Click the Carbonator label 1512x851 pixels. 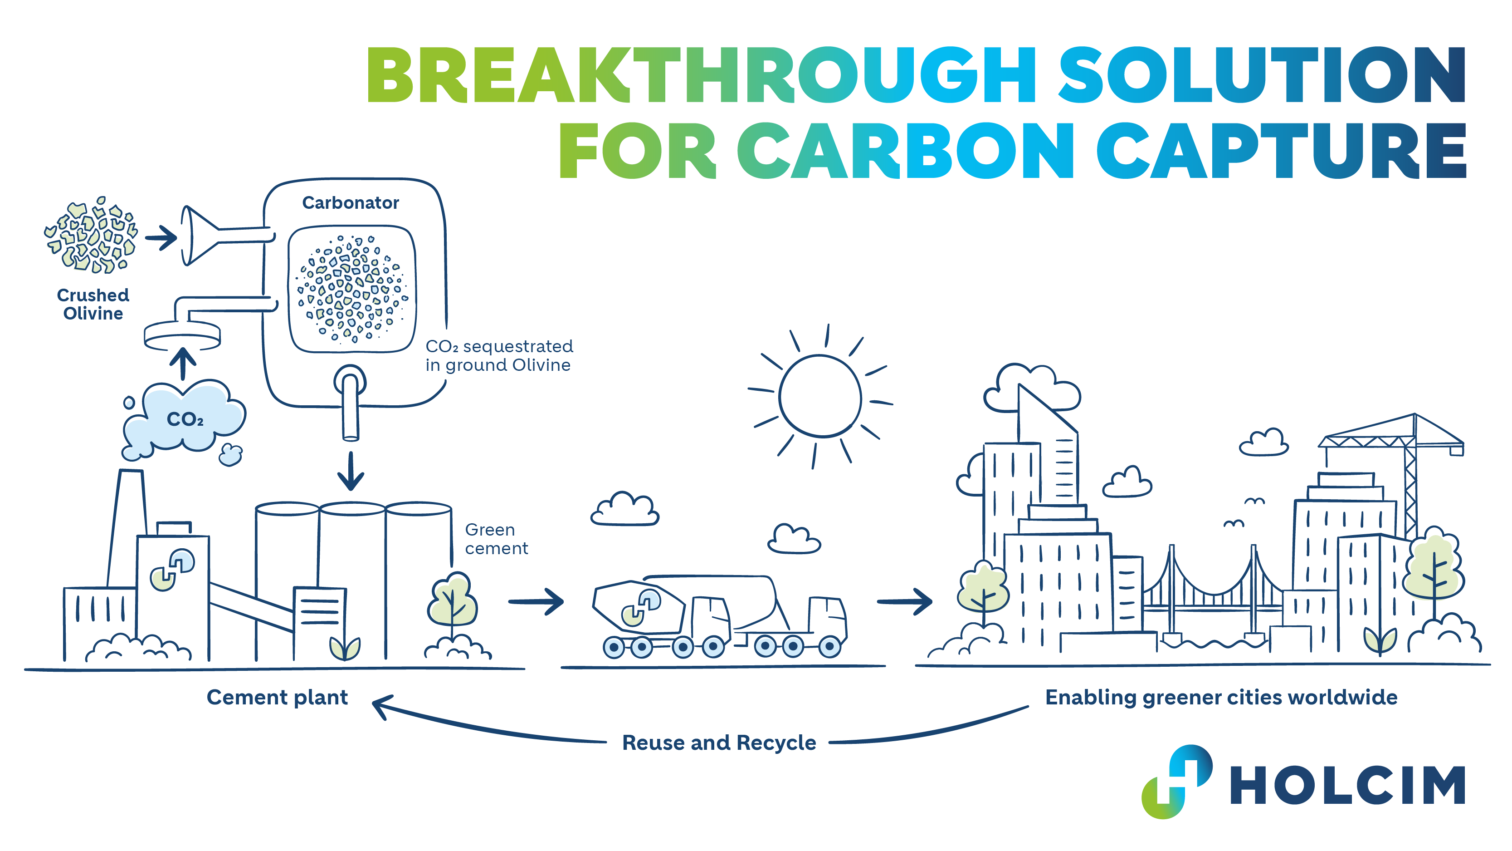351,202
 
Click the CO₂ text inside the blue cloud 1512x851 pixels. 185,419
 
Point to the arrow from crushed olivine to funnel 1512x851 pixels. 161,238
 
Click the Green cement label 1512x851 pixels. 496,539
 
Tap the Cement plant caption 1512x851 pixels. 277,697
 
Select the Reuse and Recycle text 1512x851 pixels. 719,743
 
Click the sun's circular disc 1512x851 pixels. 820,396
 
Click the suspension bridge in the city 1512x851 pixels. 1212,593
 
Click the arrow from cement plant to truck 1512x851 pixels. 536,601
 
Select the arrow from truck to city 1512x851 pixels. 904,601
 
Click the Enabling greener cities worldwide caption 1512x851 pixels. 1221,697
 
